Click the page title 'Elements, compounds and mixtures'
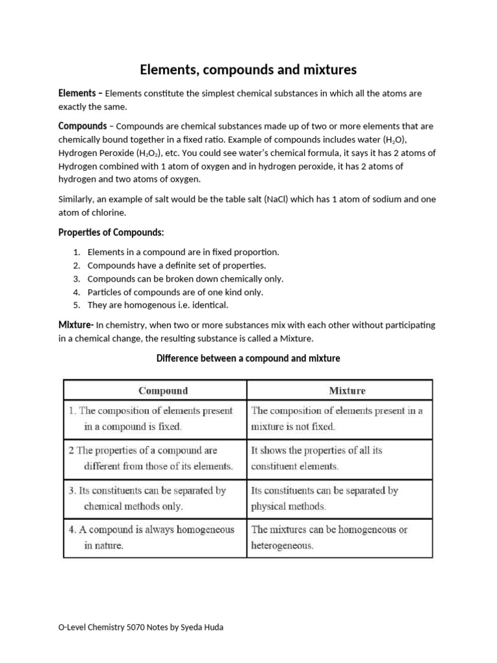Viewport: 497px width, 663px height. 248,69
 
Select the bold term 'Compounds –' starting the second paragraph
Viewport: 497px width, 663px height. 85,126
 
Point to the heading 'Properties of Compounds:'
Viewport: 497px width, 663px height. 116,232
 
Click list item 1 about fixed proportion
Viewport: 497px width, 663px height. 182,252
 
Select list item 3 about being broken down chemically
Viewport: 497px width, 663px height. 185,278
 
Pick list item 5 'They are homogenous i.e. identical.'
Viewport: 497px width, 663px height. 158,304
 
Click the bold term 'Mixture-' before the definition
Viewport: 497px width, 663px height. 76,324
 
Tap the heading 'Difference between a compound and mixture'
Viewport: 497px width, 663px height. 248,358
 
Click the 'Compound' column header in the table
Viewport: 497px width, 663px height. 163,390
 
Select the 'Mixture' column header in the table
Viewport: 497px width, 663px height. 347,390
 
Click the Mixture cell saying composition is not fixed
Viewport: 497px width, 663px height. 337,419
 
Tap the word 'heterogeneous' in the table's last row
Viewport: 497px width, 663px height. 282,546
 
